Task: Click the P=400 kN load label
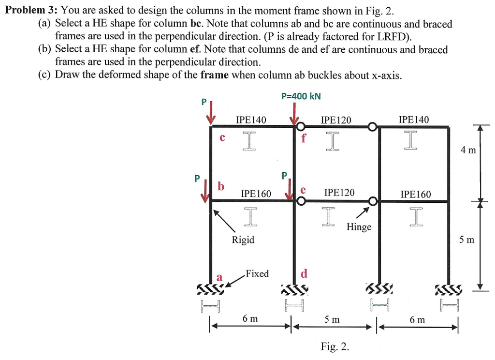click(301, 96)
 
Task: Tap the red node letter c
click(222, 137)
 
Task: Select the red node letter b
click(221, 186)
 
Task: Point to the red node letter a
click(219, 277)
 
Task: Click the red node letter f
click(304, 138)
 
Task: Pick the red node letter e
click(304, 190)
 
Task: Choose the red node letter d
click(304, 274)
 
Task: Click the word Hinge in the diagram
click(359, 227)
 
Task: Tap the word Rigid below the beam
click(243, 240)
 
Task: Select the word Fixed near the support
click(257, 274)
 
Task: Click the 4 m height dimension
click(468, 150)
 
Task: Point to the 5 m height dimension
click(468, 239)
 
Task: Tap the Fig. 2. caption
click(335, 346)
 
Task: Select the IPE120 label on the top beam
click(336, 120)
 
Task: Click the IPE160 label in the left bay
click(256, 194)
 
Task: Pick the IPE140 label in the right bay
click(413, 120)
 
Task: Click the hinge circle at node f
click(301, 127)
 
